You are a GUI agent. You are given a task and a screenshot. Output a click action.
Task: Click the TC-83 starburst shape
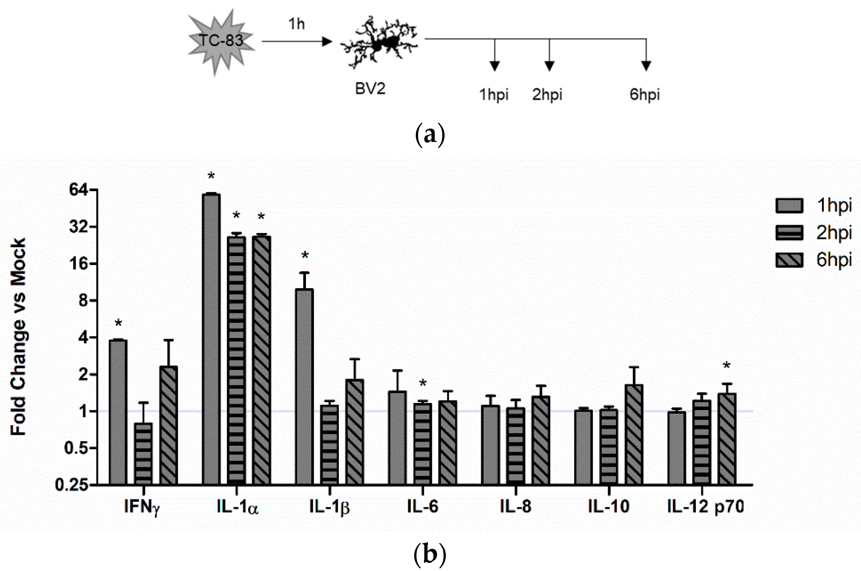[220, 42]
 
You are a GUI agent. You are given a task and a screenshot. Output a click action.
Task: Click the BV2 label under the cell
[370, 88]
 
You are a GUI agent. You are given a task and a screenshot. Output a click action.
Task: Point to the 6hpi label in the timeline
[644, 95]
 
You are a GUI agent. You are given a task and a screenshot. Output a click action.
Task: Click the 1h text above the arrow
[296, 24]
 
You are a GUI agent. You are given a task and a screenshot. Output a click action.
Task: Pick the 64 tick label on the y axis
[78, 190]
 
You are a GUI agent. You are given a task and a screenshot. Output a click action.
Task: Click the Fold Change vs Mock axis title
[18, 337]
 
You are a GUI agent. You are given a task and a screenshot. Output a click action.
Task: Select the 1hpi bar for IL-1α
[211, 339]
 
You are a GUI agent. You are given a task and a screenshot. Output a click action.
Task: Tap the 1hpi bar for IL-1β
[305, 386]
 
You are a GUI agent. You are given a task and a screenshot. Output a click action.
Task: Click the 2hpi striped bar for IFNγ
[143, 454]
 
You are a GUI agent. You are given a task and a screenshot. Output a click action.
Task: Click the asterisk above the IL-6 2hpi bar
[422, 383]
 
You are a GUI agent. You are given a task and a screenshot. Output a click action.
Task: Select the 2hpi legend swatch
[789, 233]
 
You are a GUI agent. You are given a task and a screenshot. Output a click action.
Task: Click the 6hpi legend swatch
[789, 260]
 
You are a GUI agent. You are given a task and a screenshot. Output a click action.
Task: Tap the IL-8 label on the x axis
[515, 506]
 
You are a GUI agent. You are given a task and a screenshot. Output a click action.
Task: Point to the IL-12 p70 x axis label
[705, 506]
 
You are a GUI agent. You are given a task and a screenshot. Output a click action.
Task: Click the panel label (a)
[430, 135]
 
